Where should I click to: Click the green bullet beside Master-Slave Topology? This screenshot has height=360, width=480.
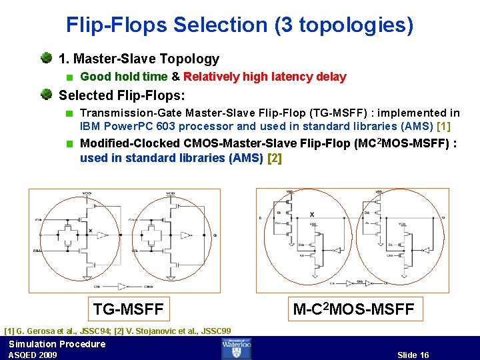coord(47,59)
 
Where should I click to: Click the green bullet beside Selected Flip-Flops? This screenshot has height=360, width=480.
coord(47,95)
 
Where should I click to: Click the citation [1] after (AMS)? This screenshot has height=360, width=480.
coord(443,126)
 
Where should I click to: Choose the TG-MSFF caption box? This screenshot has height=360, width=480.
coord(129,309)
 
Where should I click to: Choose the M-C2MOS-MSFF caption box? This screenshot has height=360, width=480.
coord(354,309)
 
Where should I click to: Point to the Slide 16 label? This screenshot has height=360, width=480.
coord(413,355)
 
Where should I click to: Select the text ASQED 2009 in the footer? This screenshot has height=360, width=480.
coord(33,355)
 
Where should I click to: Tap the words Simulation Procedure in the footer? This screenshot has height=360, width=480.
coord(57,344)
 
